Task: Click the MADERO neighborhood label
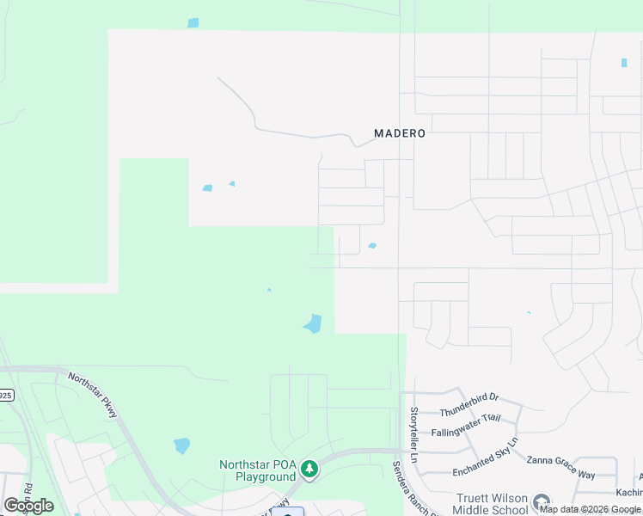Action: (400, 133)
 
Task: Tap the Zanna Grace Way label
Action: (560, 475)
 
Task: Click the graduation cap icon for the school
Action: (542, 501)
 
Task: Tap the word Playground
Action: (257, 477)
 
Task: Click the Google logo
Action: (28, 506)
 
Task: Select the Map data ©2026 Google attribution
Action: (590, 509)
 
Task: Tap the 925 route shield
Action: (6, 396)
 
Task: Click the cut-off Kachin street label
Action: (628, 491)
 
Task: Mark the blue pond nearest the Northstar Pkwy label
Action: (181, 445)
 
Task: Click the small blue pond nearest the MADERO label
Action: (372, 246)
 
